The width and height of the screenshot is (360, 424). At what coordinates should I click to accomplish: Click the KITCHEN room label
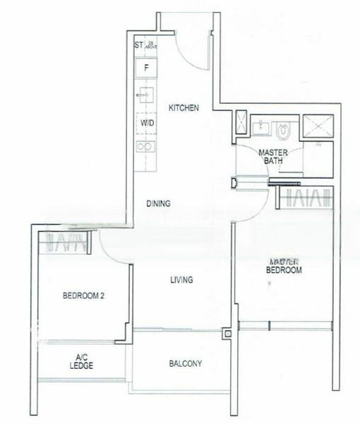point(184,108)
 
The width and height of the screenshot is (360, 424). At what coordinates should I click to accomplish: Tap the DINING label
point(158,204)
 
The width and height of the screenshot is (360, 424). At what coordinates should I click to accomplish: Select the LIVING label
point(181,280)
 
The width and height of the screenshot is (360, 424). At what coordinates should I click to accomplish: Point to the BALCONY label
point(186,364)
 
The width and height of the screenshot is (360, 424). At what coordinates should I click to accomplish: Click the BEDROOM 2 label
point(83,296)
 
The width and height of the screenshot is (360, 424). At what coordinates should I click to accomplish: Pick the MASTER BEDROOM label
point(284,266)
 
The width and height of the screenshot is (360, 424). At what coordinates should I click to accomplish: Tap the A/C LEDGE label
point(82,361)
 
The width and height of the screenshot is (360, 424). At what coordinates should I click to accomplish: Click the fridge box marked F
point(146,69)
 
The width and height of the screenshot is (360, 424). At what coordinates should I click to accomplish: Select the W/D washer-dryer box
point(147,122)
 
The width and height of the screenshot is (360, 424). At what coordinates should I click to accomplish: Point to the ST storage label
point(138,46)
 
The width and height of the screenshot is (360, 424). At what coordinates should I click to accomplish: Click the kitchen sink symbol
point(146,95)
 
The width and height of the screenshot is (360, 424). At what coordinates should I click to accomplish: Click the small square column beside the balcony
point(227,334)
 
